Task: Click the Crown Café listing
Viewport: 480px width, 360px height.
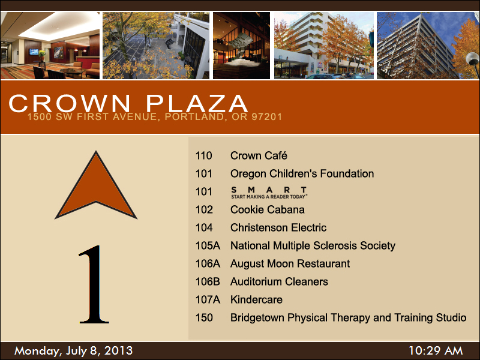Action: coord(259,155)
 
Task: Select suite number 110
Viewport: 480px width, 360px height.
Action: coord(204,155)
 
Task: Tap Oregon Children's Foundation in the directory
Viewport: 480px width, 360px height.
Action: coord(302,173)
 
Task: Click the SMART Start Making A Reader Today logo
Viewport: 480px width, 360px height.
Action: coord(269,193)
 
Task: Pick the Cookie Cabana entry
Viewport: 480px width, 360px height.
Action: coord(268,209)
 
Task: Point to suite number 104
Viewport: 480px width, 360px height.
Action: coord(204,228)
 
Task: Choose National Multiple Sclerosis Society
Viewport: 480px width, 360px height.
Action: coord(313,246)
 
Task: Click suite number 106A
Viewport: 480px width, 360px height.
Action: coord(208,263)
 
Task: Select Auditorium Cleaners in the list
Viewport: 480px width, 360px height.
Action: coord(279,281)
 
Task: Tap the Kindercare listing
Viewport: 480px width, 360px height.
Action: coord(257,299)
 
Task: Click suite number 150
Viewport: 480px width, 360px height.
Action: coord(204,318)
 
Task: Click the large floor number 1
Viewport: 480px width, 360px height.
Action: coord(94,284)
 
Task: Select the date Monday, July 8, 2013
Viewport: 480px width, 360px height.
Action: coord(73,351)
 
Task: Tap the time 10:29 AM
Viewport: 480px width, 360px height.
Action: coord(436,351)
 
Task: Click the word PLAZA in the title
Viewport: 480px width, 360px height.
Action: coord(197,103)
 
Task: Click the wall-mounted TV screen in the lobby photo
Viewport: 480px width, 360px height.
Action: coord(34,52)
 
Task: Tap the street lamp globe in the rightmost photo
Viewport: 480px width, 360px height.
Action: coord(473,58)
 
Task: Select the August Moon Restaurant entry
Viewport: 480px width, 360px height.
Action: coord(290,264)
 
